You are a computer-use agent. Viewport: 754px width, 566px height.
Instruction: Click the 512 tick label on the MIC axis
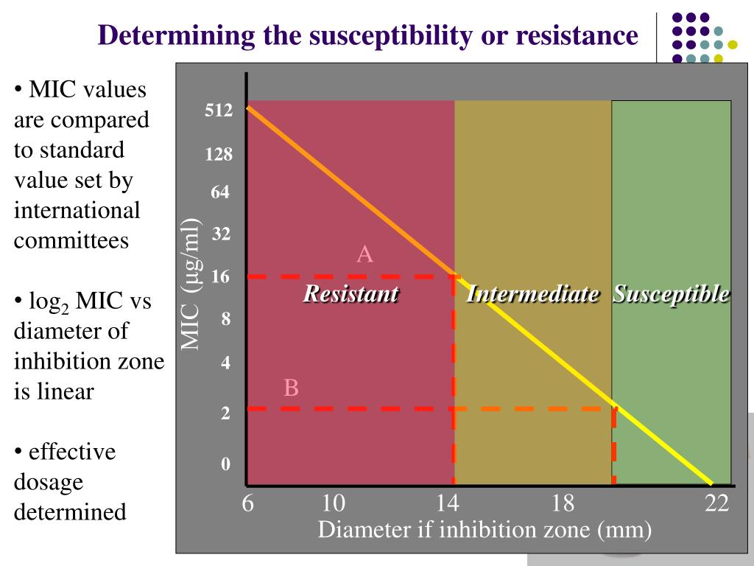[219, 111]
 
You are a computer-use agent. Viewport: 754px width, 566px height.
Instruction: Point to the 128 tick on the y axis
[219, 155]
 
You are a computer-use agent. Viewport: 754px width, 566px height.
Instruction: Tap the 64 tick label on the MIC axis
[220, 192]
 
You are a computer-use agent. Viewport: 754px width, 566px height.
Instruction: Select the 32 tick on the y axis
[222, 235]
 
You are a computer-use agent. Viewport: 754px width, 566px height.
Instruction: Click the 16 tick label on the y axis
[221, 277]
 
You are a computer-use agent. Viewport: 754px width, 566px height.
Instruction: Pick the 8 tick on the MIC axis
[226, 320]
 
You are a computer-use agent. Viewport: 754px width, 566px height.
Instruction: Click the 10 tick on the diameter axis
[333, 503]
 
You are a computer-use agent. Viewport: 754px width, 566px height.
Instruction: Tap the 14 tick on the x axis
[447, 503]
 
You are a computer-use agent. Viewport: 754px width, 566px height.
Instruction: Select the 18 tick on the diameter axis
[563, 503]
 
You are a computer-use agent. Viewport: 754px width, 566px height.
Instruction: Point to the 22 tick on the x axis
[716, 503]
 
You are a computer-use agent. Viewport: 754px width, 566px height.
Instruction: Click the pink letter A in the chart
[364, 255]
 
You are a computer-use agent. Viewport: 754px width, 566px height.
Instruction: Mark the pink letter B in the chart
[292, 388]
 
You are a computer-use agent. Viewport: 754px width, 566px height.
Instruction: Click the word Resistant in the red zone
[351, 294]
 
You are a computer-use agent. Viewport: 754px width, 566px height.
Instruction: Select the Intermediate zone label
[532, 294]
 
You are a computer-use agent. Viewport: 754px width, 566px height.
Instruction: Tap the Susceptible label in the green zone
[672, 294]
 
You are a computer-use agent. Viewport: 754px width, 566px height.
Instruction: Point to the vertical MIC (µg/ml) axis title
[192, 284]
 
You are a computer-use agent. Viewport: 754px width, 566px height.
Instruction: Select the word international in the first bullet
[77, 210]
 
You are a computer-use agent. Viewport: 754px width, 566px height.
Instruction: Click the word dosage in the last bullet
[48, 482]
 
